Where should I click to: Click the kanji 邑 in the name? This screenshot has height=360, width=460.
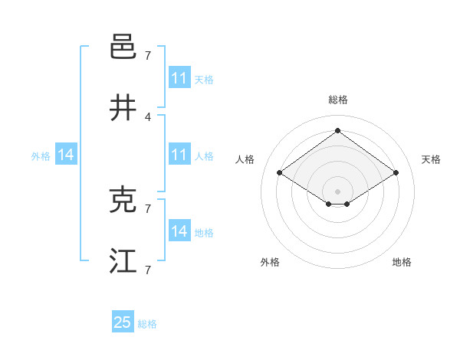[x=123, y=47]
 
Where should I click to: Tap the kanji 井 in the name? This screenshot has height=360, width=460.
[x=123, y=109]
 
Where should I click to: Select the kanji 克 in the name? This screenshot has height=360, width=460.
[x=123, y=200]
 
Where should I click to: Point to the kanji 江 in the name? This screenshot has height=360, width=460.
[x=123, y=261]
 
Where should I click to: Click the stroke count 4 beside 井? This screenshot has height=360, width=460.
[x=147, y=116]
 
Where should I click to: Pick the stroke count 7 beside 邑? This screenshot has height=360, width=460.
[x=147, y=55]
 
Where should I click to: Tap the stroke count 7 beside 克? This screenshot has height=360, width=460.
[x=147, y=208]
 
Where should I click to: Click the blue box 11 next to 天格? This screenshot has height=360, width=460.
[x=179, y=78]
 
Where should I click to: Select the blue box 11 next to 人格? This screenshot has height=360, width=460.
[x=179, y=155]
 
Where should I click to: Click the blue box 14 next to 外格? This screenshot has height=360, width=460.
[x=66, y=155]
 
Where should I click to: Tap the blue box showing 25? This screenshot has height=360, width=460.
[x=123, y=322]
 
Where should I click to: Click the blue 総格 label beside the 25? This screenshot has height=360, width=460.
[x=148, y=324]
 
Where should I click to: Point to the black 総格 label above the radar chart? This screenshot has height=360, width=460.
[x=337, y=100]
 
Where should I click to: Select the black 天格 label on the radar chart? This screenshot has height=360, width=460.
[x=431, y=159]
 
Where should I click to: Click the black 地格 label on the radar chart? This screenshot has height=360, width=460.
[x=402, y=262]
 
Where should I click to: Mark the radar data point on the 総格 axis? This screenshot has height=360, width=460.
[x=337, y=130]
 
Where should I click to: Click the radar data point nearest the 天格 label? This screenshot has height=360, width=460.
[x=396, y=173]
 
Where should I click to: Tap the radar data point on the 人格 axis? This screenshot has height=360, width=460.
[x=280, y=173]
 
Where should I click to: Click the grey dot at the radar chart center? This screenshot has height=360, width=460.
[x=337, y=191]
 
